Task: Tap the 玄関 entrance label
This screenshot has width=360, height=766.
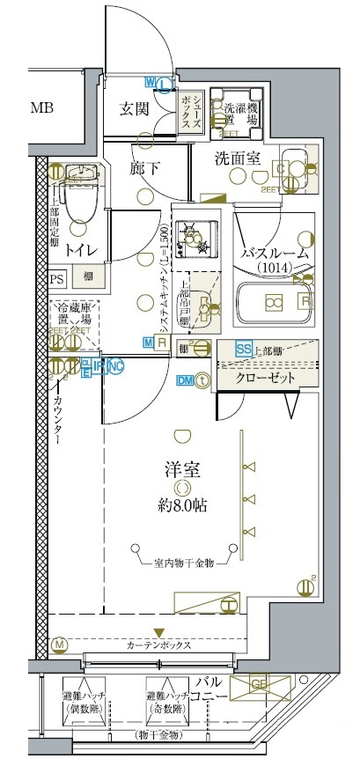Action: [138, 110]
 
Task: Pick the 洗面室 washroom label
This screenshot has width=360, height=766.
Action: [237, 159]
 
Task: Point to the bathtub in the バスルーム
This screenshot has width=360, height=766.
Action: [272, 301]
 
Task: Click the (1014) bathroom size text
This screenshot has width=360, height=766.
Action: [276, 268]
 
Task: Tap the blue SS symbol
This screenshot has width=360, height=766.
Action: [244, 349]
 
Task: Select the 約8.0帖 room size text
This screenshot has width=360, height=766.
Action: [183, 505]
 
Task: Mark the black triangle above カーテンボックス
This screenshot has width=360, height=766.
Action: [159, 631]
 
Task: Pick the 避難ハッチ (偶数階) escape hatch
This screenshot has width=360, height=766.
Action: [84, 701]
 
